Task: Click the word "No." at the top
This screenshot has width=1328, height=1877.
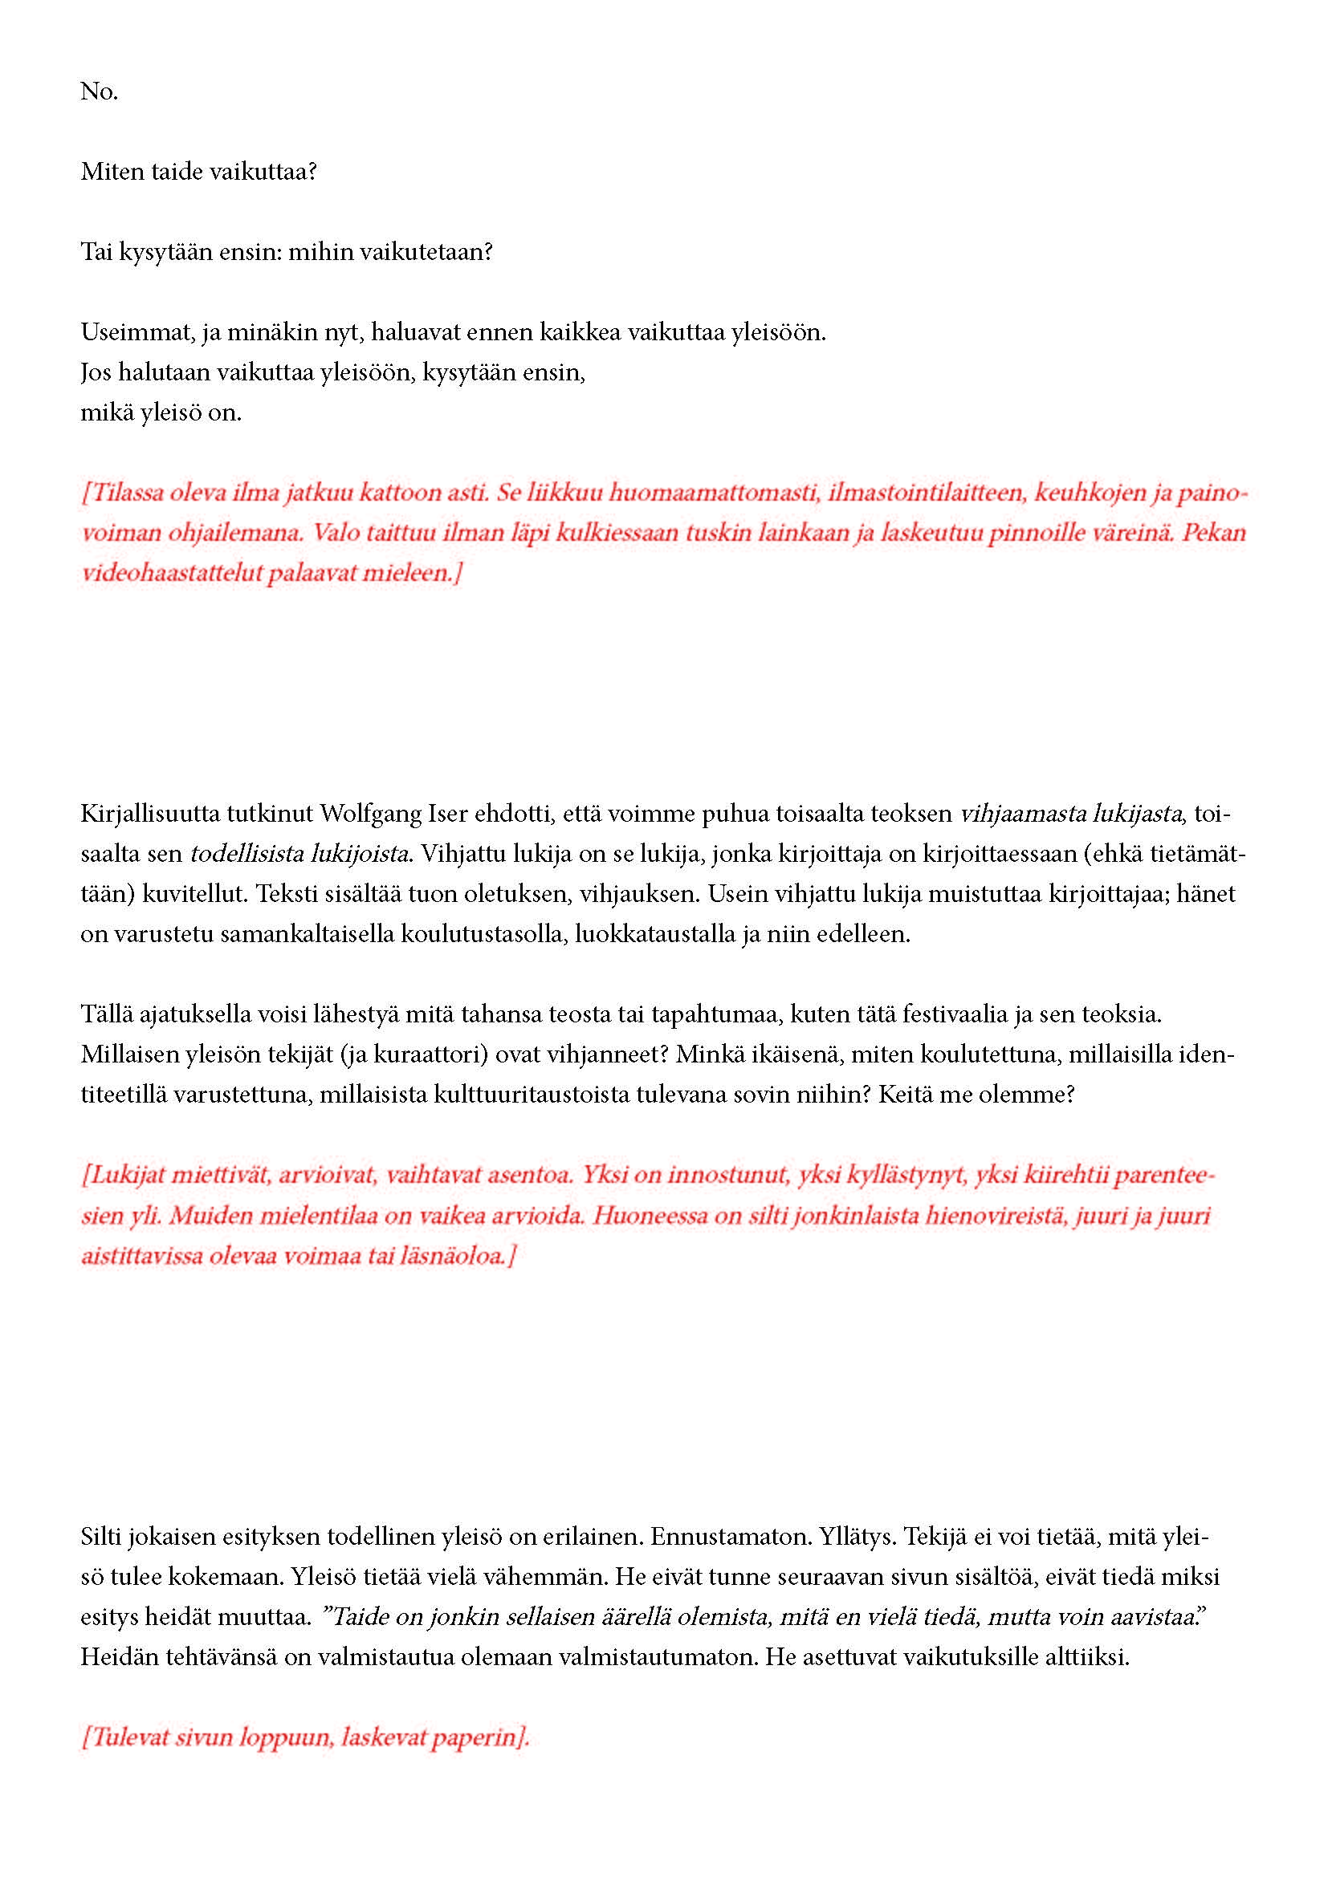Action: [99, 91]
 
